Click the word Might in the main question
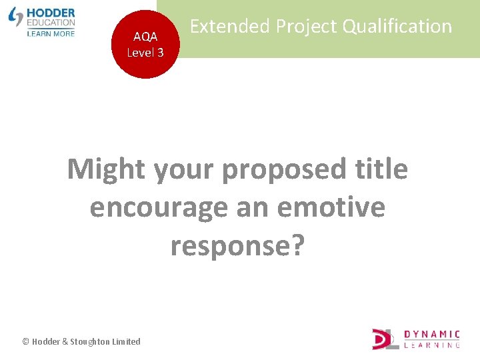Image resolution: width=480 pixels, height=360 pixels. [107, 169]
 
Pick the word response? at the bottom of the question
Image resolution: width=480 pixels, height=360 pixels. [237, 245]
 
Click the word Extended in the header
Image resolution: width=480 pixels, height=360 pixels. [230, 27]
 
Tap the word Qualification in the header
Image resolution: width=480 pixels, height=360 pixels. [397, 27]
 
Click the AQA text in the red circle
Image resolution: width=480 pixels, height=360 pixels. [145, 37]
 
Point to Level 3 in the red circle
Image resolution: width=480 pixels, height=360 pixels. [145, 53]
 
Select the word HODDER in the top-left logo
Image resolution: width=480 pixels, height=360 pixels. [51, 13]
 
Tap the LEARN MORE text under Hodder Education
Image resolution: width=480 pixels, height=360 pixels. [51, 33]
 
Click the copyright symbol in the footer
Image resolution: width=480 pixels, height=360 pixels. [25, 341]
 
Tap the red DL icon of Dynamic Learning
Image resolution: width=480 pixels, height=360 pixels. [385, 339]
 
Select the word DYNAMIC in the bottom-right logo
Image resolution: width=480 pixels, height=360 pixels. [432, 334]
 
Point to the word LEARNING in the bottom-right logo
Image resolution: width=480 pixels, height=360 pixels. [432, 345]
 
